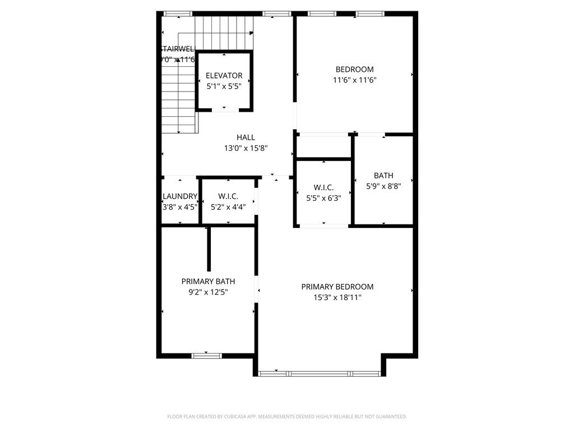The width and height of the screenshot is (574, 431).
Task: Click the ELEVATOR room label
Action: [x=224, y=76]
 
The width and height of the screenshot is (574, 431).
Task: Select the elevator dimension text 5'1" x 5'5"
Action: [x=224, y=86]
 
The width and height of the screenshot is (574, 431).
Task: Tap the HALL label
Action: [x=246, y=137]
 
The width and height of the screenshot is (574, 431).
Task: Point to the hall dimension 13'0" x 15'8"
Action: [x=246, y=148]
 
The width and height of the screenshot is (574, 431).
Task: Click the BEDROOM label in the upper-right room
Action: [x=354, y=70]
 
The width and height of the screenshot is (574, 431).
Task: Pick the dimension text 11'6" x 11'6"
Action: [x=354, y=80]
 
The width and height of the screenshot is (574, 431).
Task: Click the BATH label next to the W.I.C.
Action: [x=383, y=176]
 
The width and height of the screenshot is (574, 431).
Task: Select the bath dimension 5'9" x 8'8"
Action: [x=383, y=186]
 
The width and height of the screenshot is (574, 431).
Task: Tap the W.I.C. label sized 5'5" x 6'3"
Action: [x=323, y=187]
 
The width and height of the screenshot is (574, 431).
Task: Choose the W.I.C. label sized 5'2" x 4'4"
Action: [x=228, y=196]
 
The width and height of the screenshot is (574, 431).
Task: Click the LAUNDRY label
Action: [x=179, y=196]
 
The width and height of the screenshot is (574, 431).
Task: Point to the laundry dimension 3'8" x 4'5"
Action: [x=179, y=207]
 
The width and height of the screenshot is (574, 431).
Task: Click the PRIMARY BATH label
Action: [x=208, y=282]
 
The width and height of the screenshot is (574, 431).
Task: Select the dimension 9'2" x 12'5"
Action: [x=208, y=292]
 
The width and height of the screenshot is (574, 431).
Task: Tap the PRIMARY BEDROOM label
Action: [x=337, y=287]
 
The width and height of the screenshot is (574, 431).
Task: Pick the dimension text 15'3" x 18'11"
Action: [x=337, y=297]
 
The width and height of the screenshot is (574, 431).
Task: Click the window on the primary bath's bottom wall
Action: [x=207, y=355]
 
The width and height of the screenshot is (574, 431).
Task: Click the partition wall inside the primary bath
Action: [x=209, y=250]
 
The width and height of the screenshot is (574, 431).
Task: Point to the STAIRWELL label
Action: [x=177, y=49]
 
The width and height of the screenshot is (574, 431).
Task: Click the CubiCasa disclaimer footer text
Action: [x=286, y=416]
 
